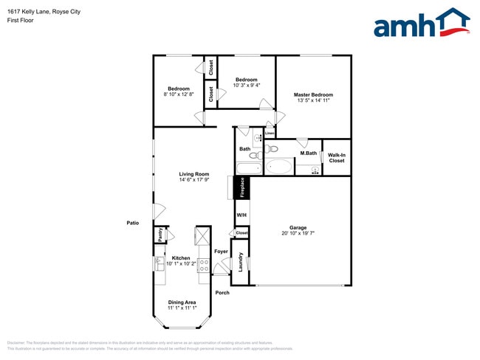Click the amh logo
[422, 24]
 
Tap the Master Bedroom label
[313, 94]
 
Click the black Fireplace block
[241, 188]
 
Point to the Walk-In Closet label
[337, 157]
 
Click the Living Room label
[193, 174]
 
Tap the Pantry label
[160, 234]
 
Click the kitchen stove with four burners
[204, 265]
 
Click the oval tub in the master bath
[278, 167]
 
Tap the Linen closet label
[270, 134]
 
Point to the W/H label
[241, 215]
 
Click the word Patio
[133, 222]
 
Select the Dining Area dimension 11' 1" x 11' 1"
[181, 308]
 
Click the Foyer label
[221, 252]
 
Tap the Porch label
[222, 293]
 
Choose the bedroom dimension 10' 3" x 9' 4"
[246, 86]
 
